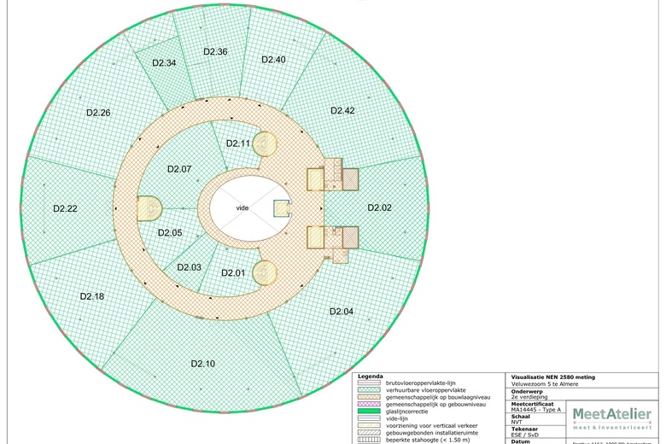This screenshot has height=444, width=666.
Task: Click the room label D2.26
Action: (x=98, y=113)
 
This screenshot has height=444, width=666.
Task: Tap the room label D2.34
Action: (x=164, y=63)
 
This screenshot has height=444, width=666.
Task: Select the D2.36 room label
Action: (x=215, y=52)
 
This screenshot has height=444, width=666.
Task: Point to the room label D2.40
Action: (x=273, y=59)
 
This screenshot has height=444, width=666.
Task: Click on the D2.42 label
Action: (x=342, y=111)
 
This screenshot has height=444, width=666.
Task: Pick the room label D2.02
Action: (x=379, y=207)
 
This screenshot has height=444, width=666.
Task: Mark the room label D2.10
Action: (x=203, y=364)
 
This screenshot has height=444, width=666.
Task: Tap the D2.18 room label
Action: (x=92, y=295)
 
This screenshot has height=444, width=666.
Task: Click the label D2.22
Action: (x=66, y=208)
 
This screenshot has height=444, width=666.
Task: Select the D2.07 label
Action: (x=179, y=169)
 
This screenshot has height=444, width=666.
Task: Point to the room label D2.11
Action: (x=238, y=143)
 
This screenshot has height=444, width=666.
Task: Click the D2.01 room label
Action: (x=233, y=272)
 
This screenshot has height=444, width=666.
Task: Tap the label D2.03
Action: (x=190, y=267)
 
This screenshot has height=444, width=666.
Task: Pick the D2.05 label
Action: (x=170, y=232)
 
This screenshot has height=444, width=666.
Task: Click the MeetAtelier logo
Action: (x=611, y=417)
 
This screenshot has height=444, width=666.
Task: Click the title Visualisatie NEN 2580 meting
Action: (x=553, y=377)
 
